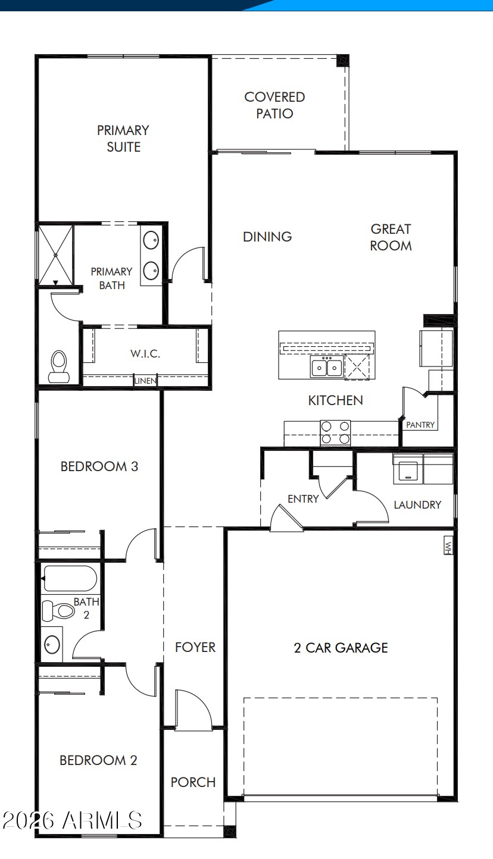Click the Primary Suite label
point(123,139)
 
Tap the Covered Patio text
point(274,105)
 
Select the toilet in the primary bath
point(59,366)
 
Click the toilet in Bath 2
point(58,611)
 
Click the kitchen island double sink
point(327,366)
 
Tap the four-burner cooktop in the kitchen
point(335,432)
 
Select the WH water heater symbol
point(448,545)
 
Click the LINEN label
point(145,381)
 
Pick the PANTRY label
point(420,425)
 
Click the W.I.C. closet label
point(145,353)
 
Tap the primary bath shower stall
point(56,255)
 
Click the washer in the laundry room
point(408,469)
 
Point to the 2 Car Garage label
point(341,648)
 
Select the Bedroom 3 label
point(99,466)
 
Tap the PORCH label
point(193,782)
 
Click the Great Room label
point(391,237)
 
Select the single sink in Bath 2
point(52,645)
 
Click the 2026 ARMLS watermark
point(72,820)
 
